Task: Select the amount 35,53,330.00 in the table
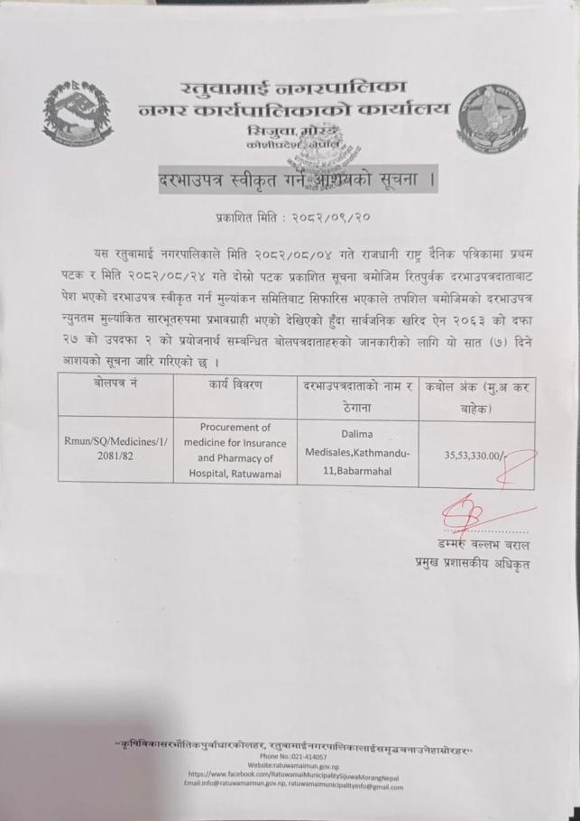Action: (x=476, y=457)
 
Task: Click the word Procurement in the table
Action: (x=235, y=427)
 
